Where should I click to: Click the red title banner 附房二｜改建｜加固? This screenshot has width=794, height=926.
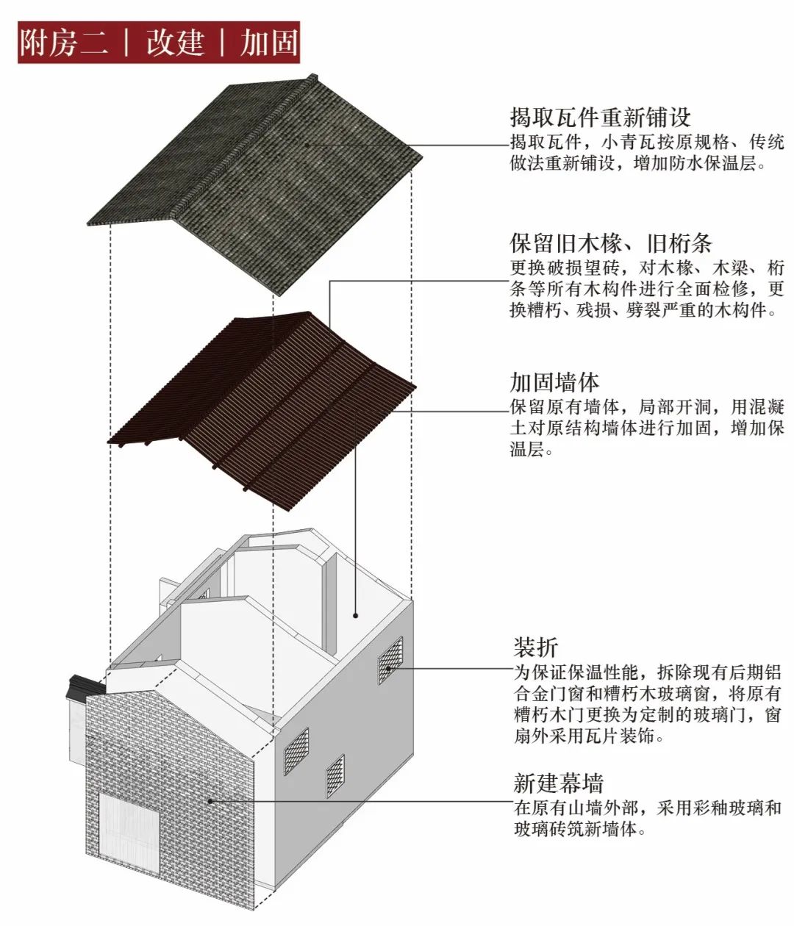point(159,43)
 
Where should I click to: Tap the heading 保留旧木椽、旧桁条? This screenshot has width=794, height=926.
point(611,243)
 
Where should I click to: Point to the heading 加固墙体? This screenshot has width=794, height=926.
point(555,382)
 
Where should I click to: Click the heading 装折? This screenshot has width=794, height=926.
point(535,647)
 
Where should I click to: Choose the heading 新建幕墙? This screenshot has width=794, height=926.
point(559,783)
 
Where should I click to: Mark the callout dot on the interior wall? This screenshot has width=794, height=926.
point(355,615)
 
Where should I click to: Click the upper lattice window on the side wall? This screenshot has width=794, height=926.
point(390,656)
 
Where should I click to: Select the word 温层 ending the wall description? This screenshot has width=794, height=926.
point(529,448)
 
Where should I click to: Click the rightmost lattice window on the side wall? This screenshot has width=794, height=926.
point(390,656)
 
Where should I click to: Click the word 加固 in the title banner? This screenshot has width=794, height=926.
point(268,43)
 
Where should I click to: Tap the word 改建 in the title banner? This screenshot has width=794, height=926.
point(174,43)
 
